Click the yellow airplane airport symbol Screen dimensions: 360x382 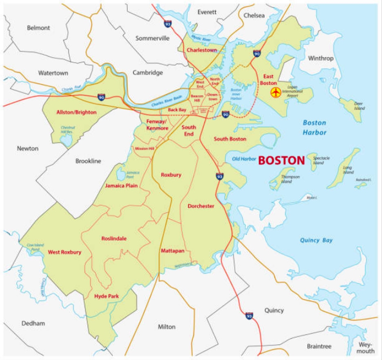[276, 93]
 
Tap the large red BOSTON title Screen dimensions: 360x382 [282, 160]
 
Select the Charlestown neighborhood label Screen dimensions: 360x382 [201, 50]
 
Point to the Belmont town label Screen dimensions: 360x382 [38, 28]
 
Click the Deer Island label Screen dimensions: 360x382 [359, 106]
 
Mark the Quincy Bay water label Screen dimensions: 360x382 [316, 240]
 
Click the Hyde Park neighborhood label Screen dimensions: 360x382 [106, 296]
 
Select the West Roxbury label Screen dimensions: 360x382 [64, 252]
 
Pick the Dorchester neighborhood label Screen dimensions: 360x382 [201, 206]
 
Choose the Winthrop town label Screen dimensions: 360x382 [321, 58]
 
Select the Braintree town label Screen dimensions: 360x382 [319, 346]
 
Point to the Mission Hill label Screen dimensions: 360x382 [145, 149]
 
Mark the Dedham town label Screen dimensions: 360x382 [33, 323]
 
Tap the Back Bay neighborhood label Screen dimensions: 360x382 [177, 110]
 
